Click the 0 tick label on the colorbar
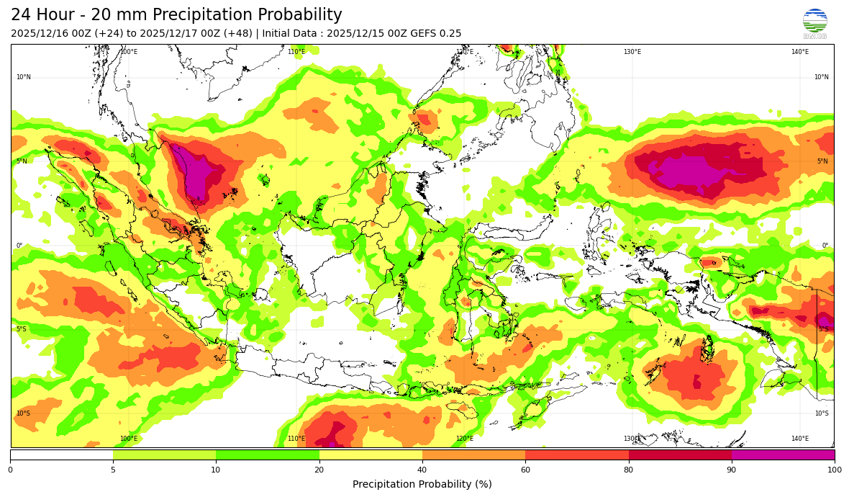pos(10,470)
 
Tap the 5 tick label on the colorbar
pos(113,470)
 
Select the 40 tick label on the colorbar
pos(422,470)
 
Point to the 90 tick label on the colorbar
pos(732,470)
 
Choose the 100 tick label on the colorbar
pos(834,470)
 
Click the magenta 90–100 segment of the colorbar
pos(783,455)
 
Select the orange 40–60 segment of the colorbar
pos(473,455)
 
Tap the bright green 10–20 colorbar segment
pos(268,455)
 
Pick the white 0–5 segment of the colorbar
pos(62,455)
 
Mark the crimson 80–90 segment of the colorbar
pos(680,455)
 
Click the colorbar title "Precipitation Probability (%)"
pos(422,484)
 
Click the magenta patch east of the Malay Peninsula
pos(196,173)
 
